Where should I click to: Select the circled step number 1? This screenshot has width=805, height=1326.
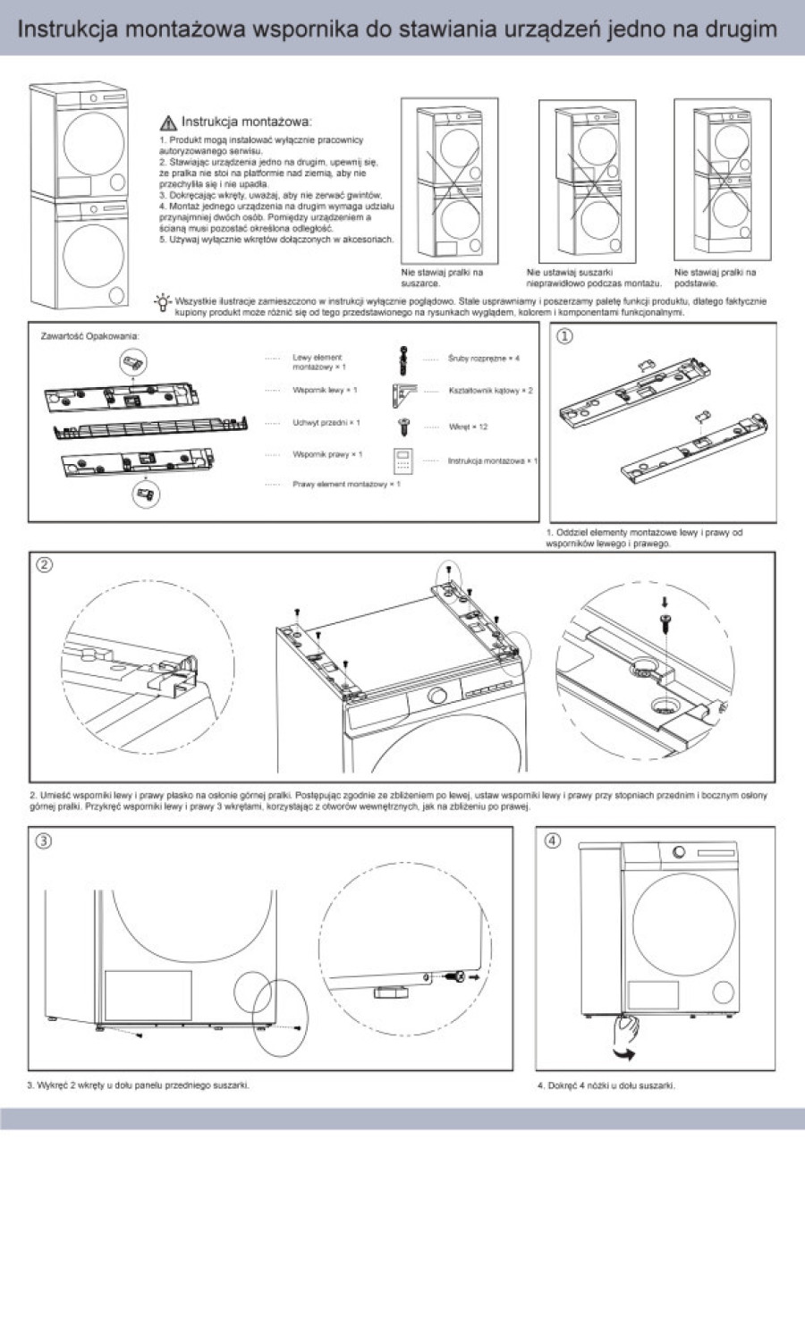(564, 337)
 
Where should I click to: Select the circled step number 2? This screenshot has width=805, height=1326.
(44, 564)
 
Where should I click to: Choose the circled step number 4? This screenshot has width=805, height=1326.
(553, 840)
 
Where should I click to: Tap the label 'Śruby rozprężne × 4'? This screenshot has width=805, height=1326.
(483, 359)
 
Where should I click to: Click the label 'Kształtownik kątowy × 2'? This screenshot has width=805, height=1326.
(490, 391)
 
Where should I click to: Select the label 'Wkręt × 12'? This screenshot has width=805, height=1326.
(468, 427)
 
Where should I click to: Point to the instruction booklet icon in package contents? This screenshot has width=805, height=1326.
(402, 460)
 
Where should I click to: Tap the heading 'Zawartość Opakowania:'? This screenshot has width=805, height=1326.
(89, 336)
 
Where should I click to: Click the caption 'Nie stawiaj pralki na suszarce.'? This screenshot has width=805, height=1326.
(442, 277)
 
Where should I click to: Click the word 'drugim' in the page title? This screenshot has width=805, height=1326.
(739, 30)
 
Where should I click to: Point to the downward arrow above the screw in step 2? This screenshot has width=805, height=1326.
(664, 601)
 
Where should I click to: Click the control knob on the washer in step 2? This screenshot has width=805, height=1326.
(438, 697)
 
